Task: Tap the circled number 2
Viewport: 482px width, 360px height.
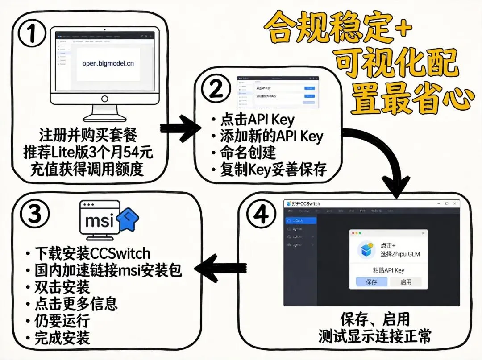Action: pos(216,89)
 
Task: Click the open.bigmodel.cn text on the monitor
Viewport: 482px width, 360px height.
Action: pos(108,63)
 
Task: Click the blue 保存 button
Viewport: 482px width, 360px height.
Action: pos(371,281)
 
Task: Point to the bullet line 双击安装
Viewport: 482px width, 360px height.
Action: pos(62,287)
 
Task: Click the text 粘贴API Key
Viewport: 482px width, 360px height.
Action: pos(388,270)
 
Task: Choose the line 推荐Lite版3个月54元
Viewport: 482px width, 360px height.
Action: pos(88,153)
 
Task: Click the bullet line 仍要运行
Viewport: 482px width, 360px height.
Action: pos(62,321)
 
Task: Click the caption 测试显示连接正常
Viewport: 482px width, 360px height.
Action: pos(375,337)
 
